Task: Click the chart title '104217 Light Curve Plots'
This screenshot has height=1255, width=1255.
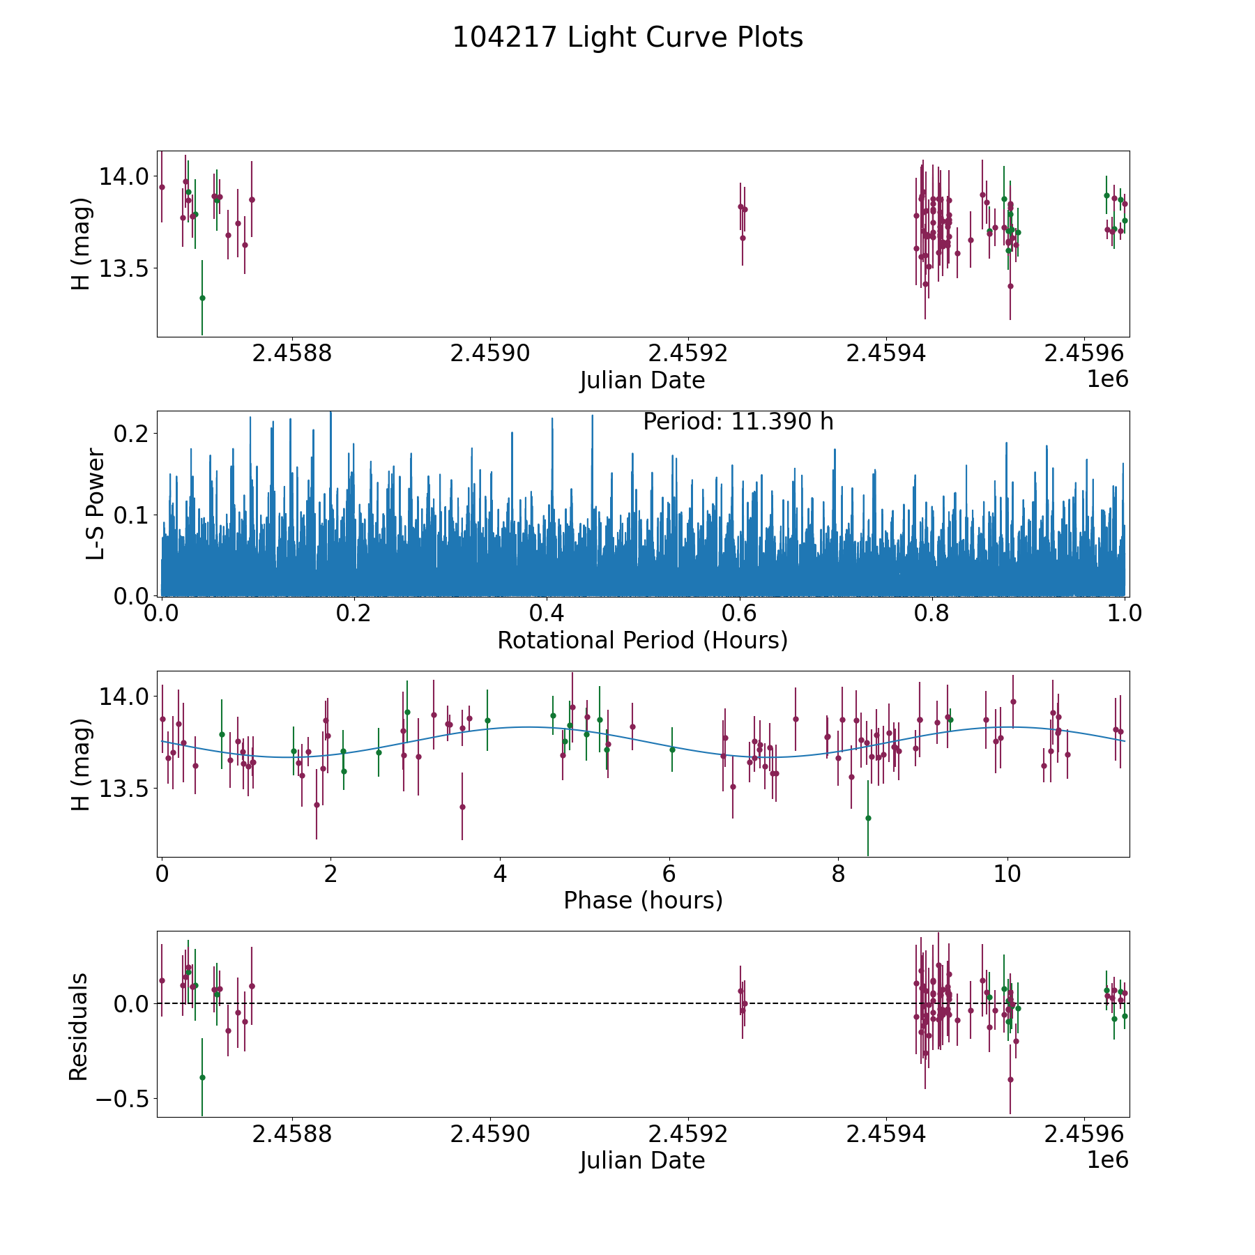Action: [x=627, y=38]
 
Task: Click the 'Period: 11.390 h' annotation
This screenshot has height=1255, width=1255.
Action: [x=738, y=422]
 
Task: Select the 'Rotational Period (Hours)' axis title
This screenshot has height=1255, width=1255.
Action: [x=642, y=640]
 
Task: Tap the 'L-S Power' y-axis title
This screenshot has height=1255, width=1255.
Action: [x=96, y=503]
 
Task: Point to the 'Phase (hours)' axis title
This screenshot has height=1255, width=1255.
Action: [x=643, y=901]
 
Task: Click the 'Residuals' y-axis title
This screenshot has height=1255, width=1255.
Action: [x=79, y=1026]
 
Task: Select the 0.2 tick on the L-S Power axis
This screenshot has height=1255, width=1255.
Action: [x=131, y=434]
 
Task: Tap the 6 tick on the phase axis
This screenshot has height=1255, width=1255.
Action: [x=669, y=874]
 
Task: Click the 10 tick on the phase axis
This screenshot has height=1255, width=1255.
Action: [x=1007, y=874]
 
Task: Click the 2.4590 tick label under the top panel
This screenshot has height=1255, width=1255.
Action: [x=490, y=353]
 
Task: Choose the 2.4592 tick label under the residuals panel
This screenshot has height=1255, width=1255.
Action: [x=688, y=1134]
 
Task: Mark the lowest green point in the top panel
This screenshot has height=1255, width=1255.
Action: [x=202, y=298]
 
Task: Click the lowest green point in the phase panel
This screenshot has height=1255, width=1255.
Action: [x=868, y=818]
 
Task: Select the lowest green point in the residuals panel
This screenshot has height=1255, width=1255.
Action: [x=202, y=1077]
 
